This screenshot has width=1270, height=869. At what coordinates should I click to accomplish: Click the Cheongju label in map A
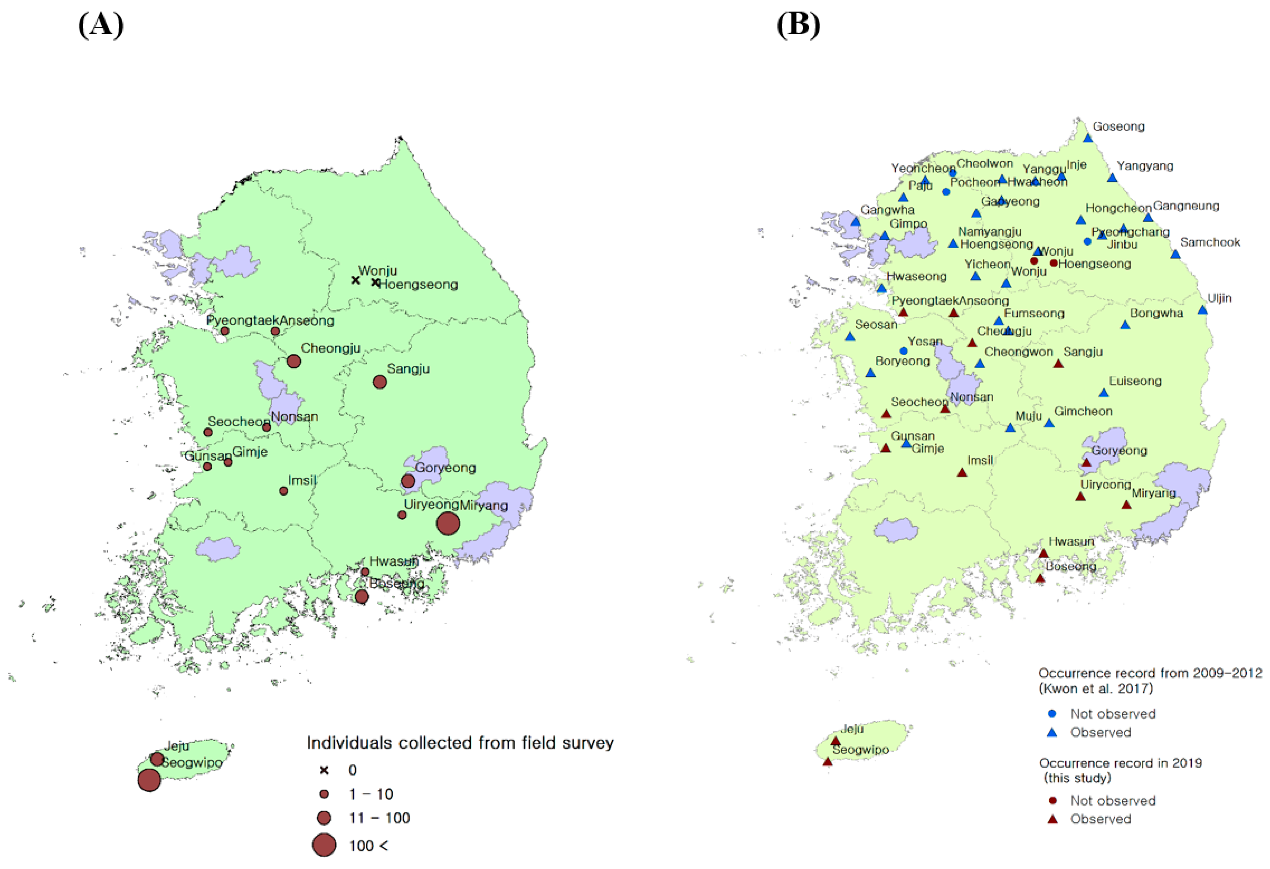[331, 348]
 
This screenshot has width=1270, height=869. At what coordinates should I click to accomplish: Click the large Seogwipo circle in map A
[149, 780]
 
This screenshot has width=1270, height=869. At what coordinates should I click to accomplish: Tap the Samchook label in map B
[1210, 242]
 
